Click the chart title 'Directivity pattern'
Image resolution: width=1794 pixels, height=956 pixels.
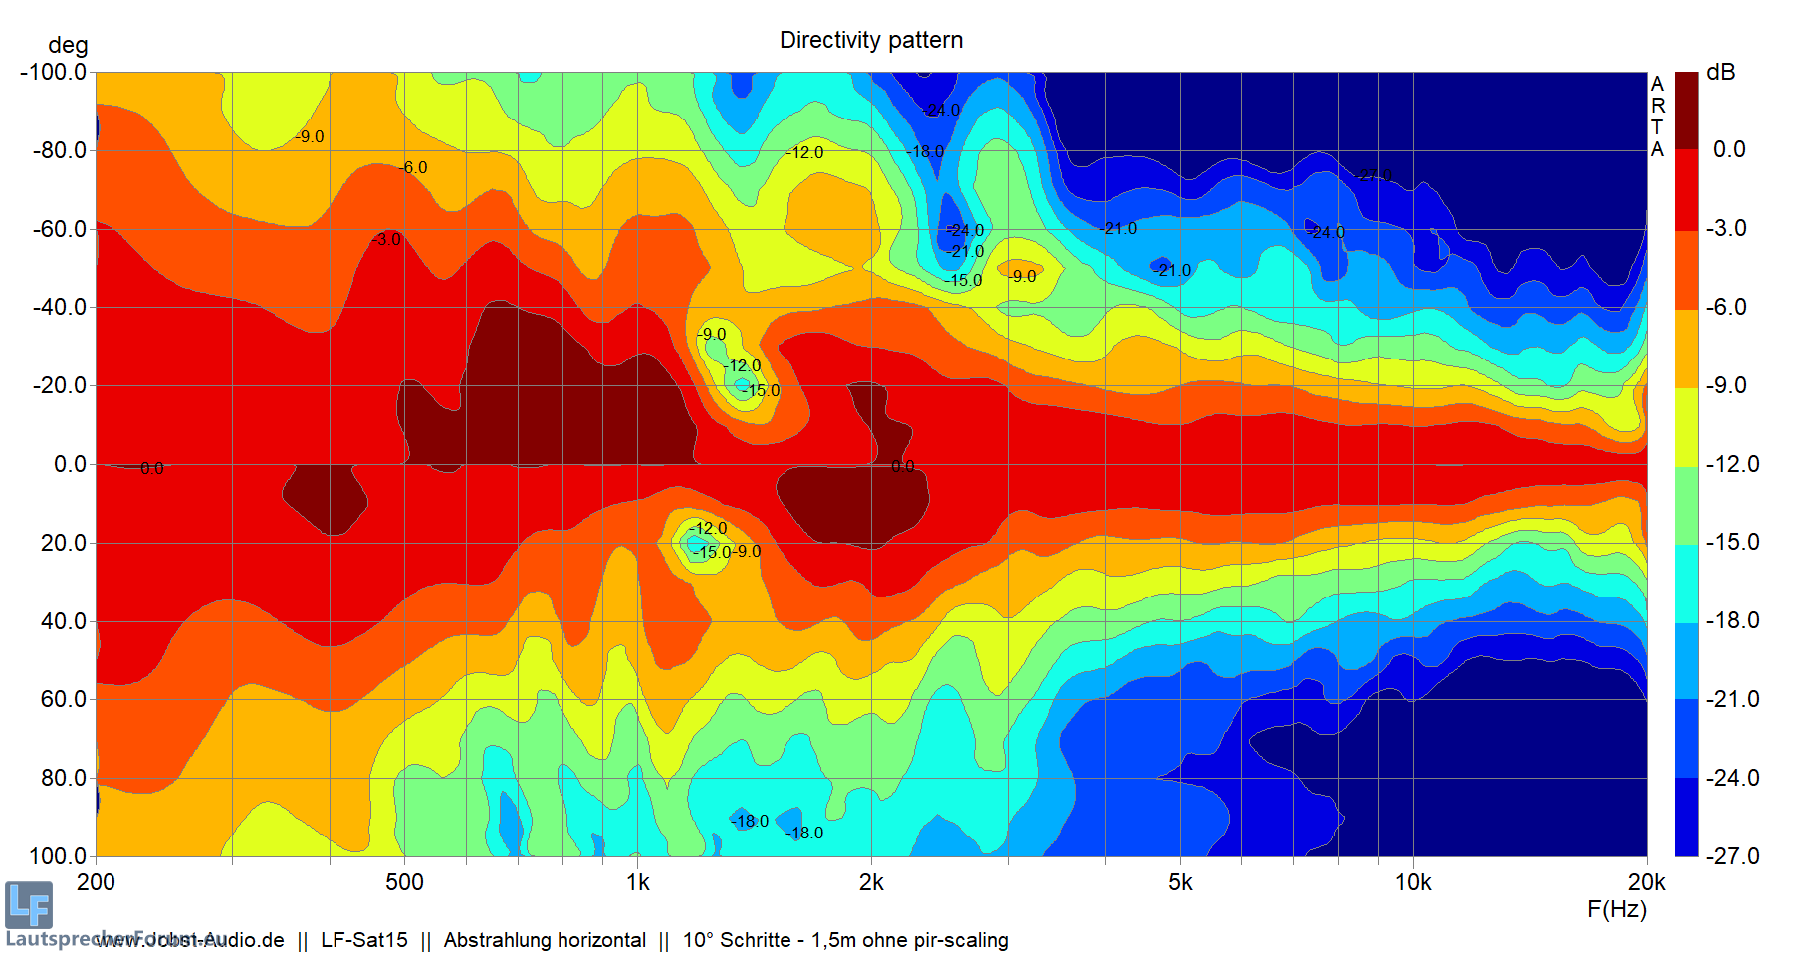pos(870,40)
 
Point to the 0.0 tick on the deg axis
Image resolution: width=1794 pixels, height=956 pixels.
pos(70,464)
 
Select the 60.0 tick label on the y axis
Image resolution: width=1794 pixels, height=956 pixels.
pos(64,699)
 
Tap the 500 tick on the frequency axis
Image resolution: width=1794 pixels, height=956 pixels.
pos(404,882)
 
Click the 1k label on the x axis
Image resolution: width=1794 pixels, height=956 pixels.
pos(638,882)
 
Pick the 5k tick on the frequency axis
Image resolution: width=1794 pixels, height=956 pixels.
pos(1180,882)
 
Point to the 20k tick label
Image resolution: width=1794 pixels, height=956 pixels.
pos(1646,882)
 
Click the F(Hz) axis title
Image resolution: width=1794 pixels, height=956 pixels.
pos(1617,909)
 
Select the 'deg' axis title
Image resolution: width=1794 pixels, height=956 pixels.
pos(68,45)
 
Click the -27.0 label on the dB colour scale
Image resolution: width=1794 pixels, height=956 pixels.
pos(1732,855)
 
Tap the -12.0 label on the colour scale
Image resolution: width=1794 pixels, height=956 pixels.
pos(1732,464)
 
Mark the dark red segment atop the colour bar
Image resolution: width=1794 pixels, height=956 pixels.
pos(1686,110)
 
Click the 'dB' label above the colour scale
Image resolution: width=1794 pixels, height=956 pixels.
pos(1720,72)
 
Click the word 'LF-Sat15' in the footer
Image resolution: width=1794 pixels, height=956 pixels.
pos(364,940)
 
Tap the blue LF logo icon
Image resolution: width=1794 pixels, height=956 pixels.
pos(28,905)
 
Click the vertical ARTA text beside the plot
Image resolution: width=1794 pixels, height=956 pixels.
pos(1657,117)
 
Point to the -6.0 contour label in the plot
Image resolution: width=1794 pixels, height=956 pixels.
pos(414,168)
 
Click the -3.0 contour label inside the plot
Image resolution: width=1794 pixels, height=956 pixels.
pos(388,240)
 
